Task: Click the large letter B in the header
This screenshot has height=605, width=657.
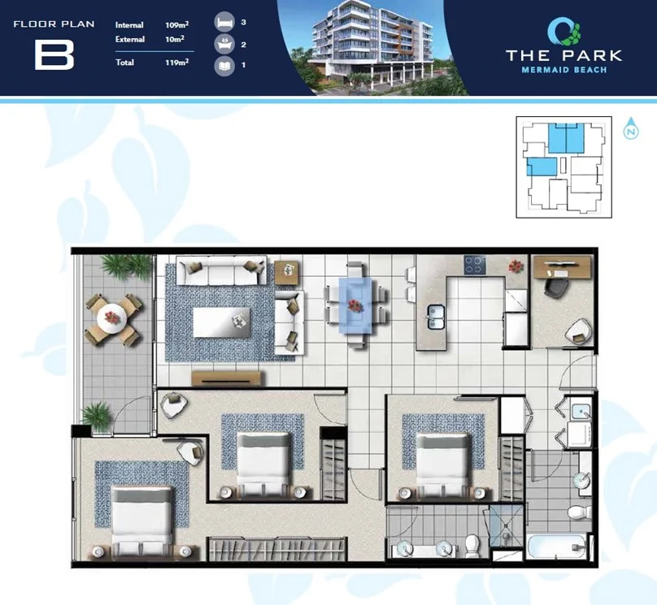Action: click(54, 54)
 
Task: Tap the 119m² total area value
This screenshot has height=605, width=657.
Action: click(176, 62)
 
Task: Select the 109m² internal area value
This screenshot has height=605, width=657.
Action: click(176, 25)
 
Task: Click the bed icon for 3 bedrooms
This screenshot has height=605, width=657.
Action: click(224, 23)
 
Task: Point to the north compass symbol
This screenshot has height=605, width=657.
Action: click(631, 131)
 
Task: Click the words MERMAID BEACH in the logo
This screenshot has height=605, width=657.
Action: click(563, 71)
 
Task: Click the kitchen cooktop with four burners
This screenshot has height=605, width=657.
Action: click(475, 266)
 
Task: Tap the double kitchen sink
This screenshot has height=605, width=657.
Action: click(436, 316)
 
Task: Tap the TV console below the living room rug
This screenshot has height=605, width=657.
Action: click(228, 377)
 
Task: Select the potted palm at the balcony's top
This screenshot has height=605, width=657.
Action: click(126, 266)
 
